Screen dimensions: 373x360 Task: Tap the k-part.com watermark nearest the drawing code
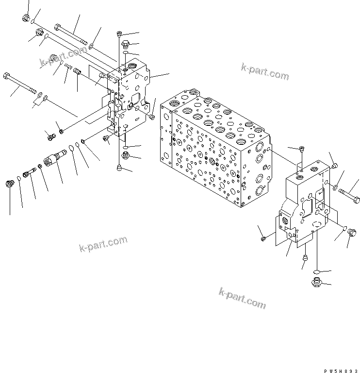242,298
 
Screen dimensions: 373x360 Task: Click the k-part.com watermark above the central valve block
264,72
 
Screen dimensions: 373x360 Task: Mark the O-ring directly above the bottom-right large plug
315,271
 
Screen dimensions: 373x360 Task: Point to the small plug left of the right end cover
263,238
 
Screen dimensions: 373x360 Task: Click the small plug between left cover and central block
152,117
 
